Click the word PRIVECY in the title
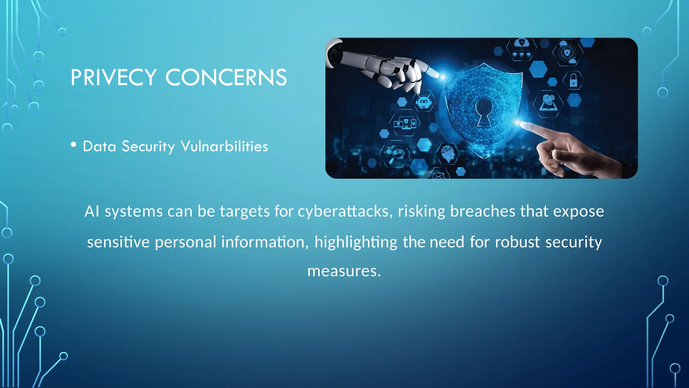(x=113, y=77)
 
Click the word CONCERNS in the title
(x=226, y=77)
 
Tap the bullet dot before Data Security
(x=74, y=145)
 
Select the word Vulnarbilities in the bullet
(x=224, y=147)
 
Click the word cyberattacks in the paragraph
(x=345, y=212)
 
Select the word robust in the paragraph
(x=517, y=242)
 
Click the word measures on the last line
(x=344, y=271)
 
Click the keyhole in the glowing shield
(x=484, y=111)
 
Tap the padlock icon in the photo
(x=574, y=80)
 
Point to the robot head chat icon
(x=424, y=102)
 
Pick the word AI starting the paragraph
(x=92, y=212)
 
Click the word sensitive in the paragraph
(x=118, y=242)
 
